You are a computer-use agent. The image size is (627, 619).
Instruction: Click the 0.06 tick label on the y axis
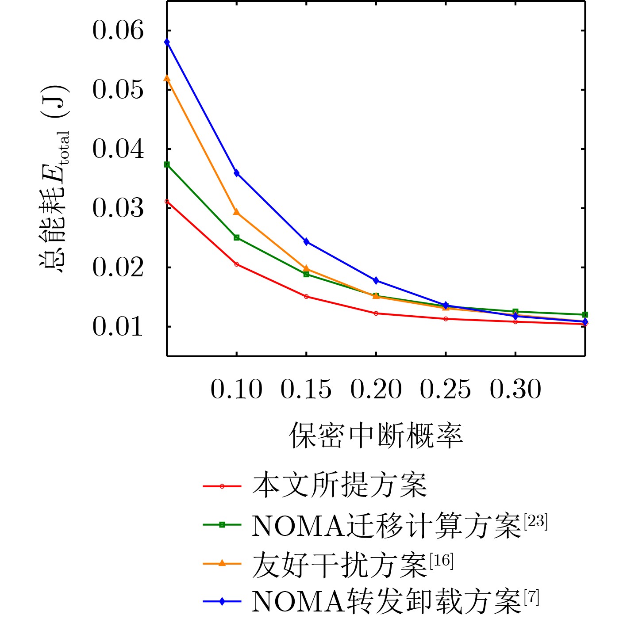coord(118,31)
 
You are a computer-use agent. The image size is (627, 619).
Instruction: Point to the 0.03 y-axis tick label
coord(118,208)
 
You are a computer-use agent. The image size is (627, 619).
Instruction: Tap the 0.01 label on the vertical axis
coord(118,327)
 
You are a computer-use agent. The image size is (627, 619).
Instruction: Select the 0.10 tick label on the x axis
coord(236,389)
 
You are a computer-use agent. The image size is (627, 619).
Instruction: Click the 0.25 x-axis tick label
coord(445,389)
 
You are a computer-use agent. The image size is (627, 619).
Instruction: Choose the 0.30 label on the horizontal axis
coord(515,389)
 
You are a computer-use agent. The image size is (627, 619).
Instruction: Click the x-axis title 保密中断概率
coord(376,436)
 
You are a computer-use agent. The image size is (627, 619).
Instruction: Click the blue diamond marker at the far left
coord(167,42)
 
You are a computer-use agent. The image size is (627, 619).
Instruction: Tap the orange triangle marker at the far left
coord(167,78)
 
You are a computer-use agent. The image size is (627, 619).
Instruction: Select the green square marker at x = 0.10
coord(237,237)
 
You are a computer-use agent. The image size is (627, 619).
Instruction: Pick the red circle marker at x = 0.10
coord(237,264)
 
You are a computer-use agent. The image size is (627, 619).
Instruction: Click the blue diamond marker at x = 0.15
coord(306,242)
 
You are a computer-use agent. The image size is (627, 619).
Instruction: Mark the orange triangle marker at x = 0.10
coord(237,212)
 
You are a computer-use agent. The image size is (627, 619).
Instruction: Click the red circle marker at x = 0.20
coord(376,313)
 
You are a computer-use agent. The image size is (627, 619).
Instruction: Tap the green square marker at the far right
coord(585,314)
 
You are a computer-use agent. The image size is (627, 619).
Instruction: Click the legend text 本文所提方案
coord(339,485)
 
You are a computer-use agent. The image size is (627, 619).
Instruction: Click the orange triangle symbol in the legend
coord(222,563)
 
